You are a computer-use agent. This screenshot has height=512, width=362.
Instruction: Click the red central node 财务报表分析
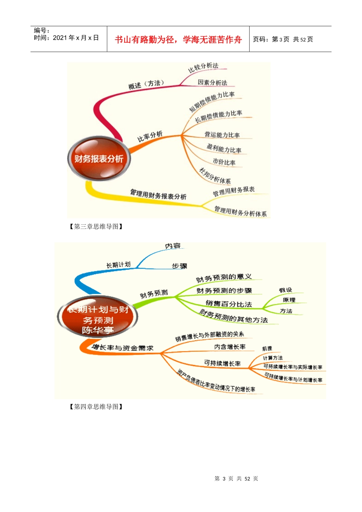[99, 158]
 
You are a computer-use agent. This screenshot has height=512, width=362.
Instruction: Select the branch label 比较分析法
[203, 67]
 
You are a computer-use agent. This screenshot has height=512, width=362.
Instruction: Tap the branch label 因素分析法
[212, 82]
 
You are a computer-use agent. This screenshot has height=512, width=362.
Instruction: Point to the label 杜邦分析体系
[215, 176]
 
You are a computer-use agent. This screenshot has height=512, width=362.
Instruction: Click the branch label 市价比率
[224, 162]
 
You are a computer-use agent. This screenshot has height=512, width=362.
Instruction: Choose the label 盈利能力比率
[224, 148]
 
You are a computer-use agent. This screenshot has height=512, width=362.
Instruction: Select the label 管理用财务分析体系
[240, 211]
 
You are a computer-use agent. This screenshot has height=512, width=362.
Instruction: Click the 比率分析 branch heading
[150, 136]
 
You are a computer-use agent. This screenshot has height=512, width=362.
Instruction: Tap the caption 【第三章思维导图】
[96, 227]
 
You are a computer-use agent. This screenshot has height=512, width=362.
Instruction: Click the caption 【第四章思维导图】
[96, 407]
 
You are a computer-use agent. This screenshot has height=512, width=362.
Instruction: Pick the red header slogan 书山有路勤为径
[178, 40]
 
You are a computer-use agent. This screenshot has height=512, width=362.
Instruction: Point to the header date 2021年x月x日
[75, 38]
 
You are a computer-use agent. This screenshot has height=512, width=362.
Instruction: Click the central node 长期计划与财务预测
[98, 319]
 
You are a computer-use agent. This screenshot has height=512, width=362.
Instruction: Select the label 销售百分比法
[229, 304]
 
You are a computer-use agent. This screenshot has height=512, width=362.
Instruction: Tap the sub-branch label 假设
[285, 290]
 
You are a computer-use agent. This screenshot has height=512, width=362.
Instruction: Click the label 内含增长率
[230, 347]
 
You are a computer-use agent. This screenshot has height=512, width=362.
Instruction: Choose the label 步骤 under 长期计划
[179, 266]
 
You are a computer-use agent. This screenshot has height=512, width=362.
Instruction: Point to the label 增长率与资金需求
[122, 348]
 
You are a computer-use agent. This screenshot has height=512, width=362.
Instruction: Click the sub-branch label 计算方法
[273, 358]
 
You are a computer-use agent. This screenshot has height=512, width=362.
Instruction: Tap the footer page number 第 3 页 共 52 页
[236, 478]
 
